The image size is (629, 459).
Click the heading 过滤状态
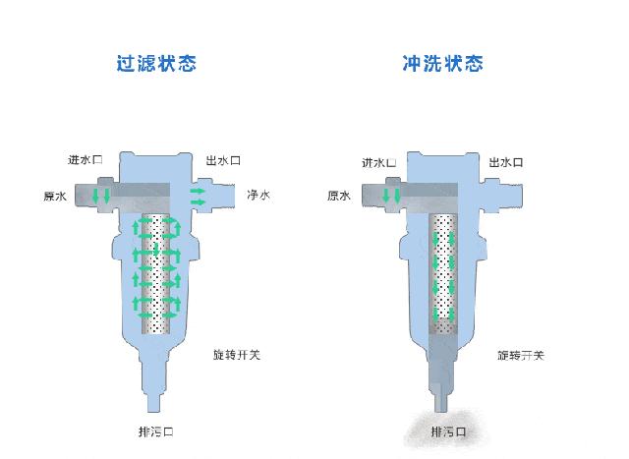(156, 64)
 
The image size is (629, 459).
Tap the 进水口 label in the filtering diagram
(86, 160)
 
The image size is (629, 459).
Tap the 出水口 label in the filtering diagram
(224, 160)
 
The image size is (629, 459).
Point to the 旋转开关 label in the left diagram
(236, 354)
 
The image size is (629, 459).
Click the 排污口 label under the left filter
(158, 431)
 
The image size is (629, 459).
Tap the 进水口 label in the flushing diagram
(378, 162)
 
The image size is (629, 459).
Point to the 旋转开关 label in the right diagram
(520, 354)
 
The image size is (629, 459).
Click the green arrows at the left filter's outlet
(199, 194)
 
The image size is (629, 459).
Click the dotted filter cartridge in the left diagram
(157, 275)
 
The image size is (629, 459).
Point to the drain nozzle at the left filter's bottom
(157, 400)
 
